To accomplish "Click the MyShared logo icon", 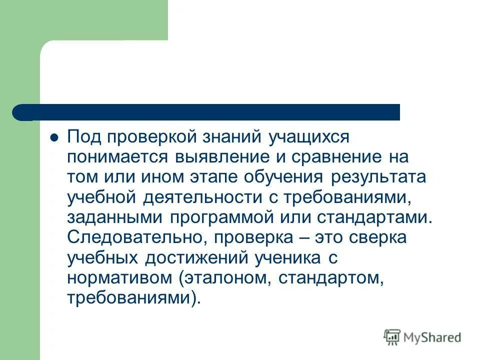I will point(392,337).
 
